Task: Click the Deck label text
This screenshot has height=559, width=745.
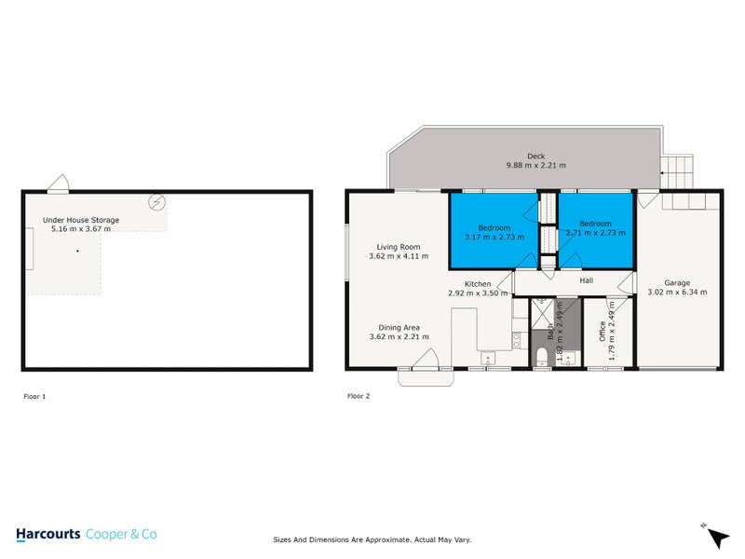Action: (x=535, y=156)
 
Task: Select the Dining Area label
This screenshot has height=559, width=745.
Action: (x=399, y=327)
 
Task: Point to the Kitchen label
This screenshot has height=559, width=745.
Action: (x=478, y=283)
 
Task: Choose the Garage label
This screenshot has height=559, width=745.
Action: (x=677, y=282)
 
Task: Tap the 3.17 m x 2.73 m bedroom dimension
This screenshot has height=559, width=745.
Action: (x=494, y=237)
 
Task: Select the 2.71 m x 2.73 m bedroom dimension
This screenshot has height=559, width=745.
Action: (x=595, y=233)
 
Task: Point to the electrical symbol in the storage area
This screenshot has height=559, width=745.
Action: (x=157, y=201)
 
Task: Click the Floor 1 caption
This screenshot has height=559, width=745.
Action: (x=34, y=396)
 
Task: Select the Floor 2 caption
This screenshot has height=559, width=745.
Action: (x=359, y=396)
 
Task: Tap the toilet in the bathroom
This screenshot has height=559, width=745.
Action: (x=542, y=355)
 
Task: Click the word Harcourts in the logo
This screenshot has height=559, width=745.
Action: (x=47, y=535)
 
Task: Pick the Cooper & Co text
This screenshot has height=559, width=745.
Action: (x=121, y=535)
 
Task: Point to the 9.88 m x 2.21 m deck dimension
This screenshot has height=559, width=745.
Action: (x=535, y=165)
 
